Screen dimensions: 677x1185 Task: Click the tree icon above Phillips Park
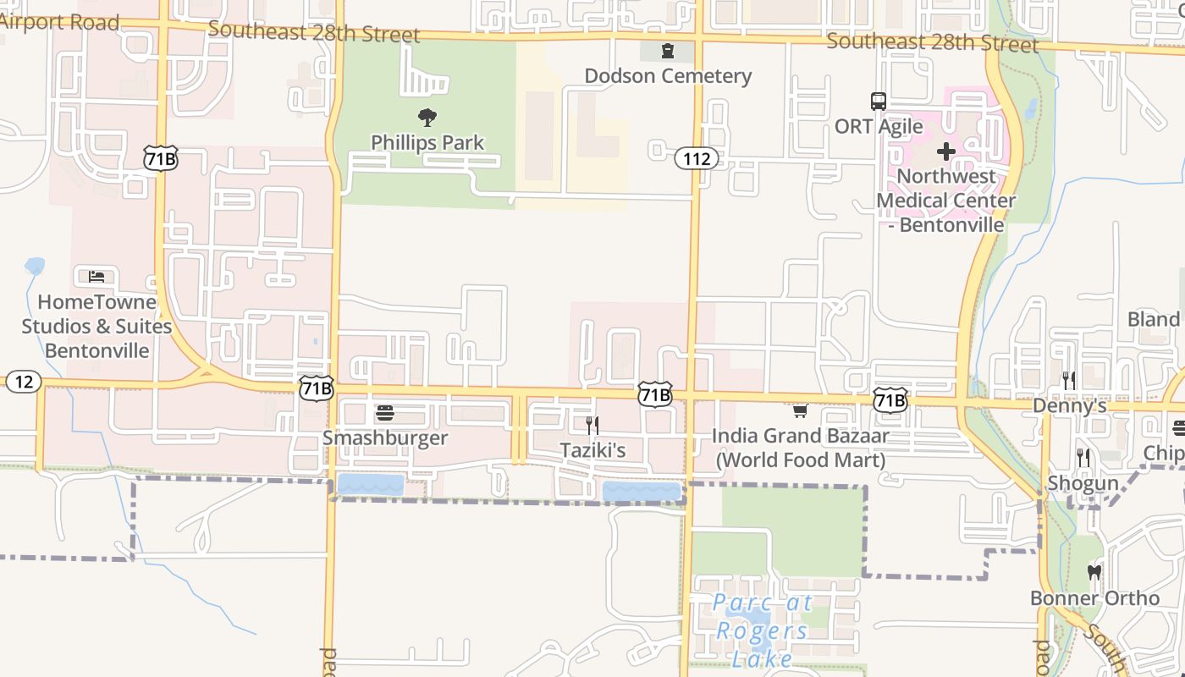click(427, 118)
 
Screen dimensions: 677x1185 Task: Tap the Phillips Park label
click(427, 142)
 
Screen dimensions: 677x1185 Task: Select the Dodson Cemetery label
click(668, 76)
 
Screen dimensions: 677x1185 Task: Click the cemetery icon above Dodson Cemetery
click(668, 52)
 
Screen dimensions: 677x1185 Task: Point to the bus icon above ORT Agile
click(879, 102)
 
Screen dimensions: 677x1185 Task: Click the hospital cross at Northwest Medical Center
click(945, 152)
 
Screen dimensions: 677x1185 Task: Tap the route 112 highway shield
click(696, 158)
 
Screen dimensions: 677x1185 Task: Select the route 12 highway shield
click(23, 382)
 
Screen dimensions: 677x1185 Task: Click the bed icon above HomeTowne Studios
click(96, 277)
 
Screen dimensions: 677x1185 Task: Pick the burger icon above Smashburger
click(385, 413)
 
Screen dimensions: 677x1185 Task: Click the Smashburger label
click(385, 438)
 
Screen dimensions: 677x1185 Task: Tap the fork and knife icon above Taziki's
click(592, 425)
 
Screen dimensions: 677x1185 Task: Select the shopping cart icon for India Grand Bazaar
click(800, 411)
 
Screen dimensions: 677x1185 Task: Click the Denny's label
click(1069, 406)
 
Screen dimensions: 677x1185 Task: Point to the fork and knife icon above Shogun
click(1083, 458)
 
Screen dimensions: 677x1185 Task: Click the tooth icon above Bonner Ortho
click(1094, 573)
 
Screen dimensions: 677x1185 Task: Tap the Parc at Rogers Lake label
click(762, 630)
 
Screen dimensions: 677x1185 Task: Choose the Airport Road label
click(59, 23)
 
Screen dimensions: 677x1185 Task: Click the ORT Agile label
click(879, 127)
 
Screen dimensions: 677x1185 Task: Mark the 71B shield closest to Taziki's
click(655, 394)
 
